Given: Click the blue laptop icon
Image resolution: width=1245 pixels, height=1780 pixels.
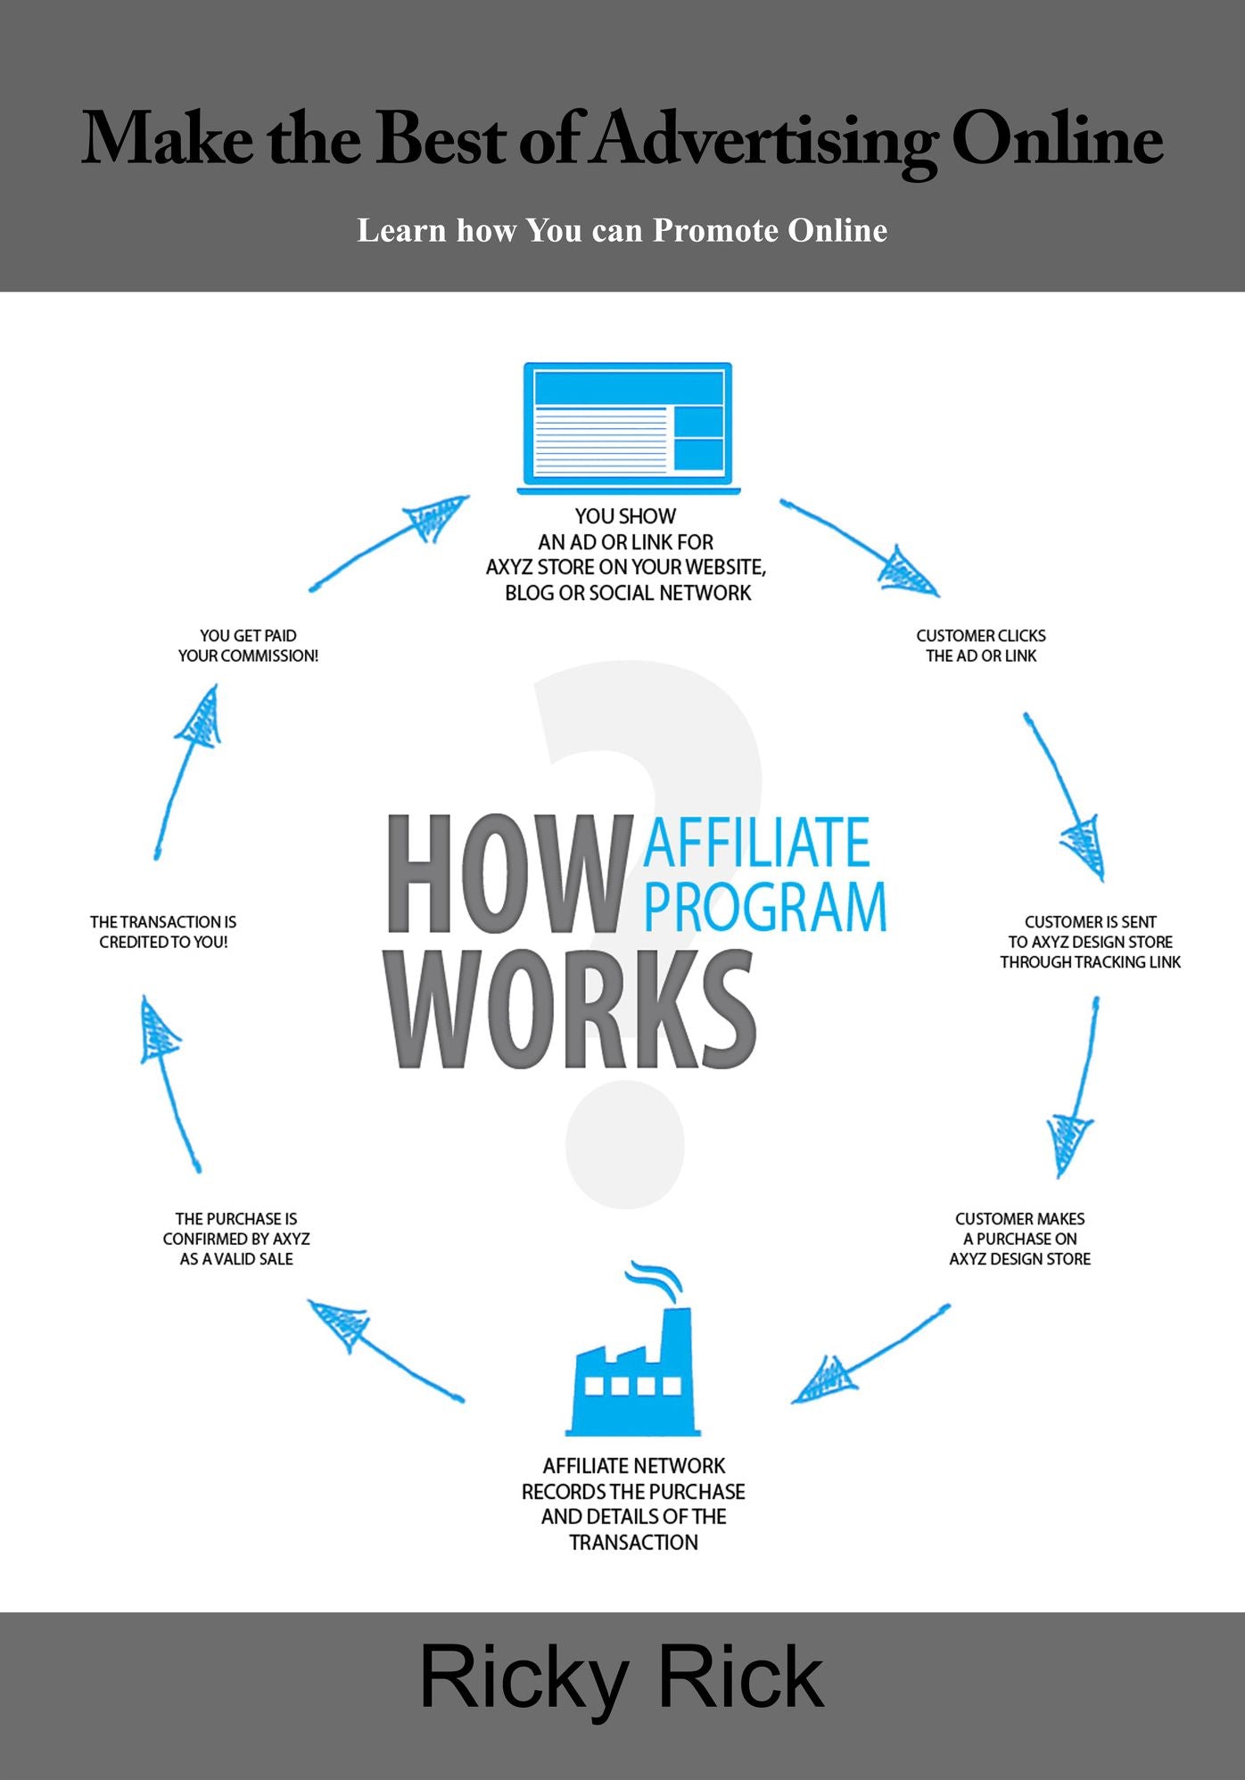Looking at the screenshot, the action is [x=629, y=427].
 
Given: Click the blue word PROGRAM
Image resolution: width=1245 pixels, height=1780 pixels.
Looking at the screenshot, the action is [x=765, y=907].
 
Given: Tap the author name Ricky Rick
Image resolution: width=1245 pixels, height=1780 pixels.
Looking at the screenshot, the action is [x=622, y=1678].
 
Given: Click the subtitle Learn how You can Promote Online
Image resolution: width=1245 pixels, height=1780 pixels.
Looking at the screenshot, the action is [x=622, y=230].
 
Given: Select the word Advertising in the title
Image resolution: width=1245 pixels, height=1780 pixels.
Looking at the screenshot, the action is [x=766, y=141].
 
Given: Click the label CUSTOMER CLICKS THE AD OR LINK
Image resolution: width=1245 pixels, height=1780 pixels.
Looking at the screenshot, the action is [x=981, y=646].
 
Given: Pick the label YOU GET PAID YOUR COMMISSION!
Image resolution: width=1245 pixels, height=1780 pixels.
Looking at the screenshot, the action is [x=248, y=646].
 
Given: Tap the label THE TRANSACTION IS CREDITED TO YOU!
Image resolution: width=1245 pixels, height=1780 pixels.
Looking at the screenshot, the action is [x=163, y=932].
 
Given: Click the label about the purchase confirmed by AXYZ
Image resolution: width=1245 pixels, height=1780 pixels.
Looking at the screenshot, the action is [x=236, y=1239].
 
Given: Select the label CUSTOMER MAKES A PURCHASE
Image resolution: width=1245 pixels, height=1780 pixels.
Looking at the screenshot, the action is [x=1020, y=1239].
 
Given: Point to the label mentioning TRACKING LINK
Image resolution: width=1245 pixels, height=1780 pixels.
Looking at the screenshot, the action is [x=1090, y=942].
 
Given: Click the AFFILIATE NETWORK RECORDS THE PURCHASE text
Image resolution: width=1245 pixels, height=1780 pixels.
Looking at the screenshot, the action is [x=633, y=1504].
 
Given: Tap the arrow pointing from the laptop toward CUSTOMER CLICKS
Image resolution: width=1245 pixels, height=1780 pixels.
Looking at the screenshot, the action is [x=860, y=548].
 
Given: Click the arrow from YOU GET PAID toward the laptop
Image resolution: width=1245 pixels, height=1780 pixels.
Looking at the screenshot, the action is [x=389, y=543].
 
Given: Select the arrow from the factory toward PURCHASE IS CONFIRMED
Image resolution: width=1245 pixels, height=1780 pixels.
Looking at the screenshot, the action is [x=385, y=1350].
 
